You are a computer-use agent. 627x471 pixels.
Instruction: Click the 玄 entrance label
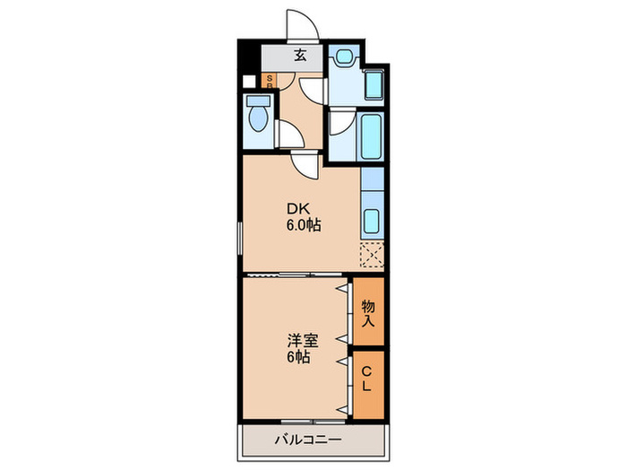point(301,55)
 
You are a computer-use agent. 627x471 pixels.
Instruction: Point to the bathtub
point(372,134)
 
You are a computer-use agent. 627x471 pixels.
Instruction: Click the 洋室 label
point(300,341)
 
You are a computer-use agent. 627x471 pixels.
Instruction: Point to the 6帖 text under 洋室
point(299,357)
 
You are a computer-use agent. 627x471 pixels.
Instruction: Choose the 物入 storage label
point(368,311)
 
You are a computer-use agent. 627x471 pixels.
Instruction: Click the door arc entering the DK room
point(301,163)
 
